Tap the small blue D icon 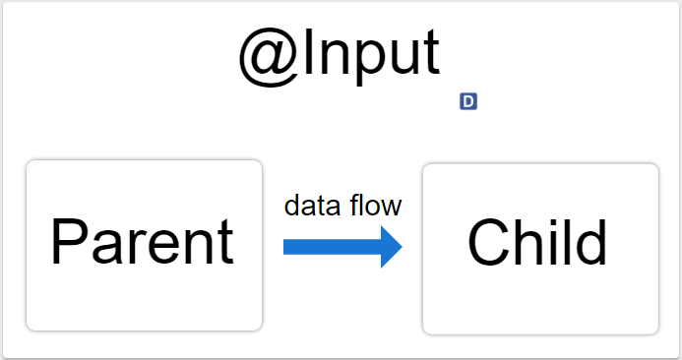[x=468, y=100]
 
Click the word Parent [x=143, y=242]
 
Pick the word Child [x=537, y=242]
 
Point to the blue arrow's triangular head [x=391, y=246]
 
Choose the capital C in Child [x=490, y=243]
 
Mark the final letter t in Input [x=431, y=57]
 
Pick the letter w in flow [x=392, y=208]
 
